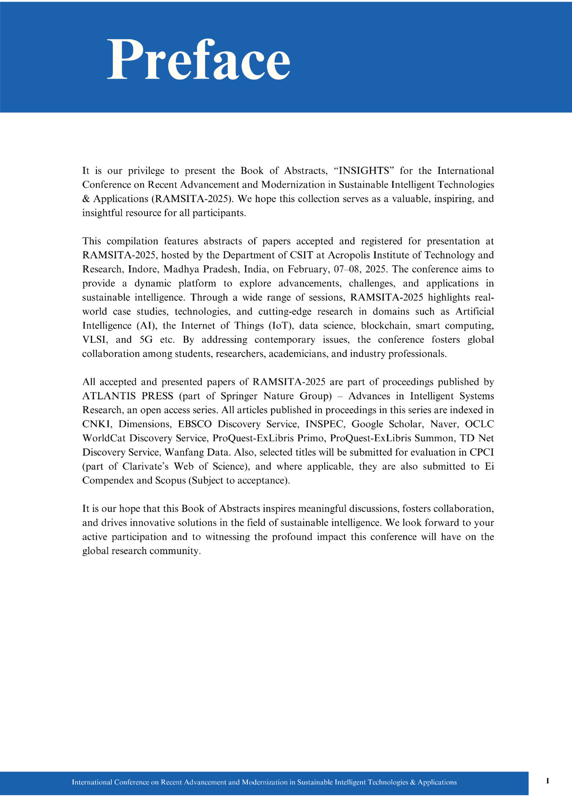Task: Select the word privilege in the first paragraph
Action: (x=146, y=171)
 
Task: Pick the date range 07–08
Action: (x=346, y=269)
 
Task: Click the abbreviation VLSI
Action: (x=95, y=340)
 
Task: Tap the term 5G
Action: (x=146, y=340)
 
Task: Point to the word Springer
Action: (x=239, y=396)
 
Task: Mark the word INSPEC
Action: (x=324, y=424)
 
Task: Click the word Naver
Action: (x=444, y=424)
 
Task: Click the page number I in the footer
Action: (x=548, y=781)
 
